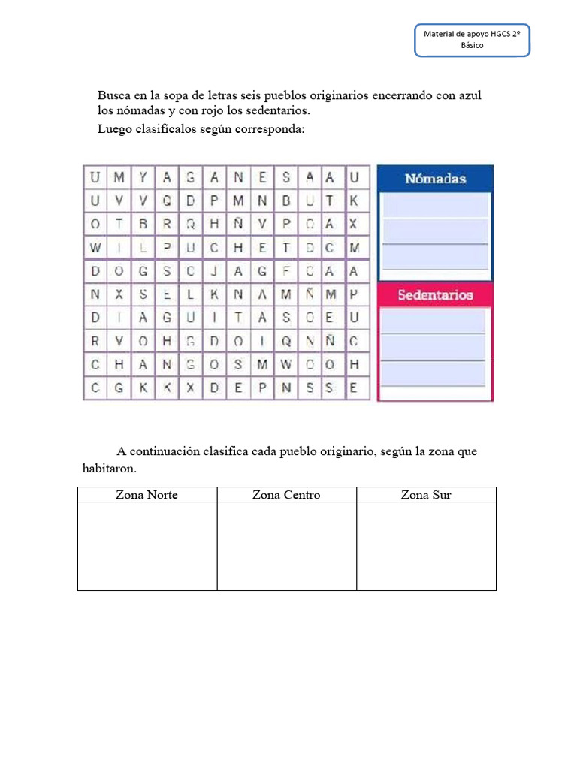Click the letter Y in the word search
tap(143, 178)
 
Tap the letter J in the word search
tap(215, 271)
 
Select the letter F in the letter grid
tap(286, 271)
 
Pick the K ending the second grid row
tap(355, 201)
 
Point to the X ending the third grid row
tap(355, 224)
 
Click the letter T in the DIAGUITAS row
tap(238, 318)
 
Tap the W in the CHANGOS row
tap(286, 364)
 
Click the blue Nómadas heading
tap(435, 179)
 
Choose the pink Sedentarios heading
tap(435, 295)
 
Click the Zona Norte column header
tap(147, 494)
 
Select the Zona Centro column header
tap(286, 494)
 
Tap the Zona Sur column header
tap(426, 494)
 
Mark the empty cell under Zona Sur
tap(426, 546)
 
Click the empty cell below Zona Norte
tap(147, 546)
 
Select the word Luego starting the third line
tap(115, 128)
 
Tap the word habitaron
tap(109, 468)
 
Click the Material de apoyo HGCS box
tap(473, 40)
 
